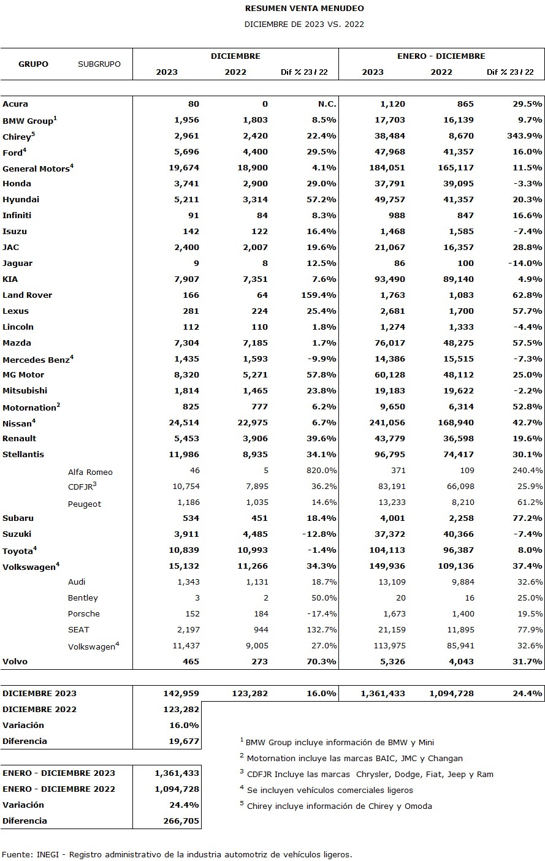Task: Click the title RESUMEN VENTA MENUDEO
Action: pos(304,8)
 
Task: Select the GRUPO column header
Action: pos(34,64)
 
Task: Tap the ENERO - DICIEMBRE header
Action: pos(441,56)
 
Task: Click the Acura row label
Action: pos(15,104)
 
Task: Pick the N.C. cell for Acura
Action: pos(327,104)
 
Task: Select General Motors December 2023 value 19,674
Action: pos(184,167)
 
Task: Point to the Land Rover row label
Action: pos(28,295)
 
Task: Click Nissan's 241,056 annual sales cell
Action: pos(387,422)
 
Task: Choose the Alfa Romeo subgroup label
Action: pos(90,472)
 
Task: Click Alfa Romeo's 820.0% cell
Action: pos(321,470)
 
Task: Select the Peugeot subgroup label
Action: pos(85,504)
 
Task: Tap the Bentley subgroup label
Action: pos(83,597)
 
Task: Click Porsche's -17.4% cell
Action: pos(322,613)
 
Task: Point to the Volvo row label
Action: pos(15,661)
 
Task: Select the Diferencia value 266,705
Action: pos(181,821)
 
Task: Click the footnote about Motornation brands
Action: pos(351,758)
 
